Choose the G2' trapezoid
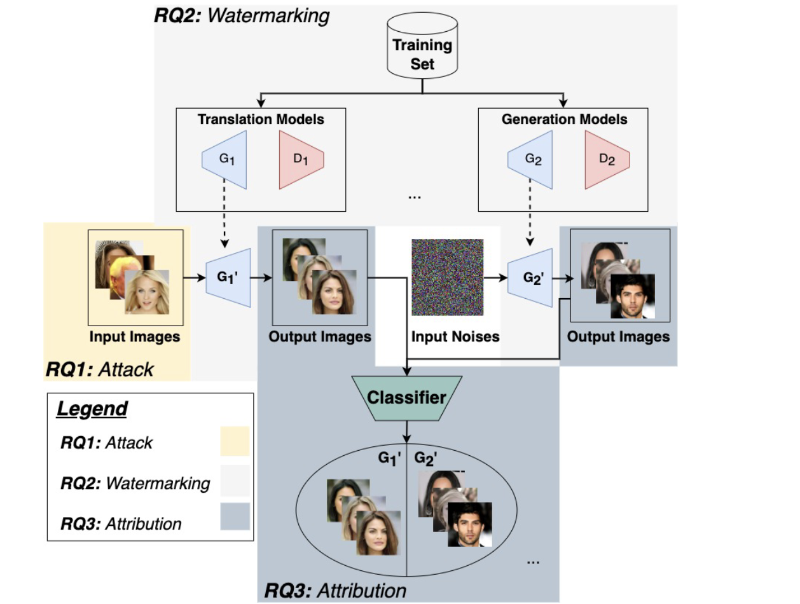click(x=530, y=278)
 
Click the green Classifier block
click(x=406, y=399)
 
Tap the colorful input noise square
click(x=447, y=278)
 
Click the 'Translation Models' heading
click(x=261, y=120)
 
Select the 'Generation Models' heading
click(x=564, y=120)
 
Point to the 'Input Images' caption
click(x=134, y=336)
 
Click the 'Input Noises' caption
click(x=455, y=336)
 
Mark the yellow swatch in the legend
click(x=235, y=441)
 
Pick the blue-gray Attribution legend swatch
click(x=235, y=516)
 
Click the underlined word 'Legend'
click(x=92, y=409)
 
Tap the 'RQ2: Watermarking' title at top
click(x=242, y=15)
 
